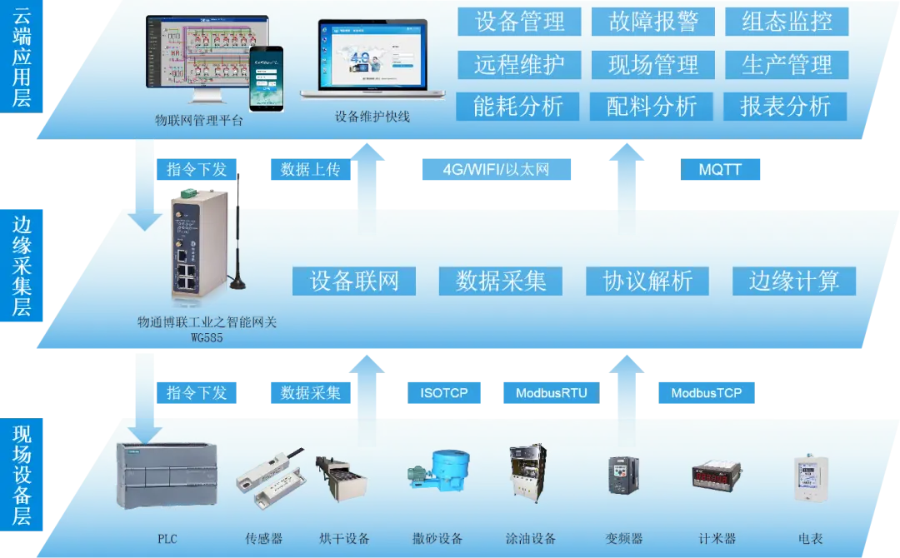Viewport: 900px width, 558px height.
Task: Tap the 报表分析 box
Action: point(786,107)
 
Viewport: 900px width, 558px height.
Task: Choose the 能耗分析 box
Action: point(518,107)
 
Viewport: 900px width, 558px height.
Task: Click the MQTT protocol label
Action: point(720,171)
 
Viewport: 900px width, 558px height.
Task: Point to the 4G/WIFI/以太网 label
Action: point(496,171)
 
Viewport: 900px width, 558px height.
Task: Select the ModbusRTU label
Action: point(550,393)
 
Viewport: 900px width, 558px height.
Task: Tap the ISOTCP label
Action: point(444,393)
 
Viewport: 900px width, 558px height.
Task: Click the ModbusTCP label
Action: point(707,393)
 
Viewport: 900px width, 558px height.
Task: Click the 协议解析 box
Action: point(647,281)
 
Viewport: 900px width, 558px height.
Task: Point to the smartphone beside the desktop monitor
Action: point(267,77)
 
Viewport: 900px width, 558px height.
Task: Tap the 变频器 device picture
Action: point(622,475)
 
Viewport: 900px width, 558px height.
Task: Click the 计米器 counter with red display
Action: point(717,477)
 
